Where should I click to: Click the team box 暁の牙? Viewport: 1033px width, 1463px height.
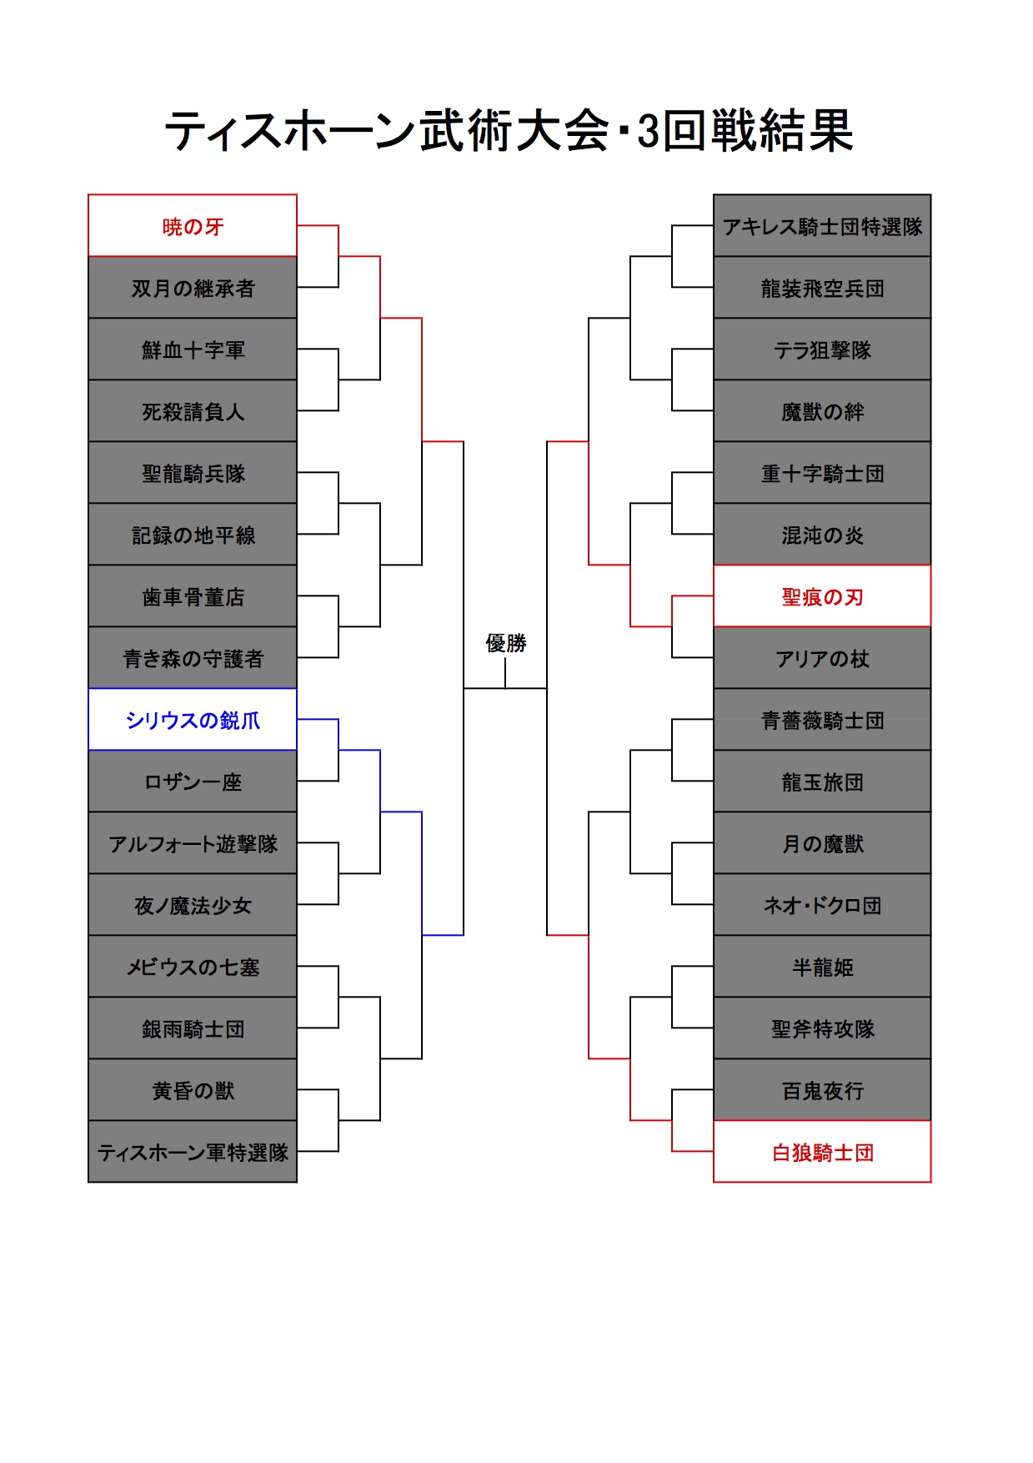(193, 225)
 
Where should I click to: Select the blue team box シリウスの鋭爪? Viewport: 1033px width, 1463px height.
(193, 719)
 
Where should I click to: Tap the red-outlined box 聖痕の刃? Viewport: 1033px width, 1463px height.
(822, 596)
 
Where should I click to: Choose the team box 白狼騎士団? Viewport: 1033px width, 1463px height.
(822, 1151)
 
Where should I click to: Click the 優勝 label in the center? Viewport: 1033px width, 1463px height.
(506, 643)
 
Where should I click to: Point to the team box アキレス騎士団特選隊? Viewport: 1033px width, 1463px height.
(822, 225)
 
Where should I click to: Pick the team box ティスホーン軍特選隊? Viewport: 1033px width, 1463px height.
(193, 1151)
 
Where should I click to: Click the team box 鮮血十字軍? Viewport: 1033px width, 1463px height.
(193, 349)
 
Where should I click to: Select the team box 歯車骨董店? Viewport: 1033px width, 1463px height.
(193, 596)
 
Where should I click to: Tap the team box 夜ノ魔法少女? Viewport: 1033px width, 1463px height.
(193, 904)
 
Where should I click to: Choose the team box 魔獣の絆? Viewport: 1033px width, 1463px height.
(822, 410)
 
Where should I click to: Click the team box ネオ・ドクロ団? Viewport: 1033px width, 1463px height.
(822, 904)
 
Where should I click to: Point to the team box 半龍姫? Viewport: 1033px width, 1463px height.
(822, 966)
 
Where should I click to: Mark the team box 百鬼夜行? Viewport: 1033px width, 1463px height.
(822, 1089)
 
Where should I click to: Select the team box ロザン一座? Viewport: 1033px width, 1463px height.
(193, 781)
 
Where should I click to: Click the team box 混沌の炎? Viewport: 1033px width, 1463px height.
(822, 534)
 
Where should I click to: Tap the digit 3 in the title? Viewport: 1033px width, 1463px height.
(649, 131)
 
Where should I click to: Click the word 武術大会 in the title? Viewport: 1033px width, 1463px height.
(514, 131)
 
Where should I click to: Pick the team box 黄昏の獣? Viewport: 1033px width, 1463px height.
(193, 1089)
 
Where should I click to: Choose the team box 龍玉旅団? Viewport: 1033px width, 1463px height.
(822, 781)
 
